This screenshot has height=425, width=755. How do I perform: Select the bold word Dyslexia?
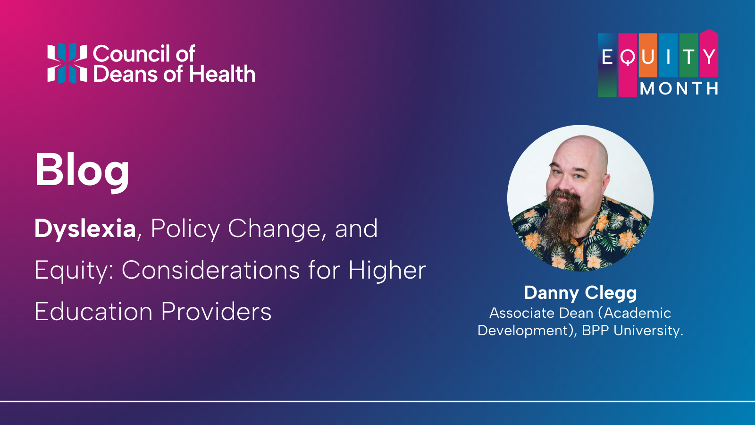(85, 229)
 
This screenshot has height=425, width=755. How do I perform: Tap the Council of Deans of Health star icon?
(67, 63)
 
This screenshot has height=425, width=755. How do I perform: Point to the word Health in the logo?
(222, 75)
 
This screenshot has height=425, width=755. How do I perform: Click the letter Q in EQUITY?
(627, 58)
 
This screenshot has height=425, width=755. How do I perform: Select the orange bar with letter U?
(648, 57)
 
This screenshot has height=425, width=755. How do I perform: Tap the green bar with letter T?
(688, 57)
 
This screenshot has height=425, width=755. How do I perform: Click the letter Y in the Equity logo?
(709, 57)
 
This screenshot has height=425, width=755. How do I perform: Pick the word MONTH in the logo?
(679, 89)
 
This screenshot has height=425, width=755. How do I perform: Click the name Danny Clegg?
(580, 293)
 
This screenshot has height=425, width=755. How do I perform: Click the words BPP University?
(632, 331)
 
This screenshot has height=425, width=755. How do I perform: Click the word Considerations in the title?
(210, 271)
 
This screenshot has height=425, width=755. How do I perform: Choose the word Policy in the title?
(185, 229)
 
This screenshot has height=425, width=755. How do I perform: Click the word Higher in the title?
(387, 271)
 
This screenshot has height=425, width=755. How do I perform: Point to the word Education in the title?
(93, 312)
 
